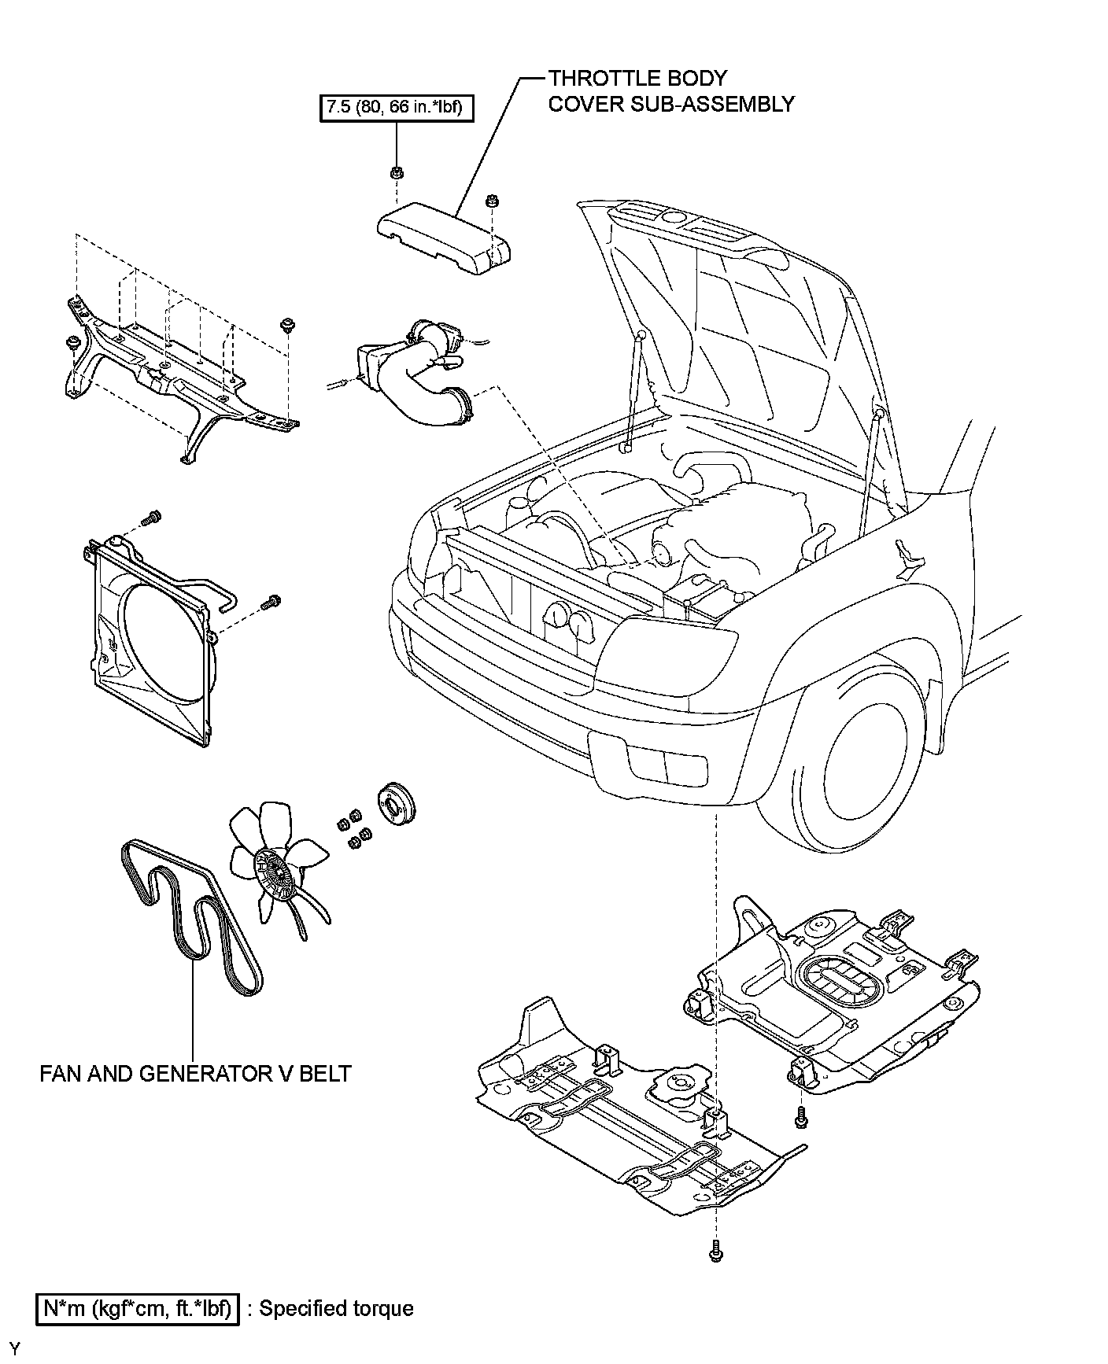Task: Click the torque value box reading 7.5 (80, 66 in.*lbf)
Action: coord(397,106)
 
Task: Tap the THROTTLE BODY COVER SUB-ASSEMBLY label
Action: coord(670,90)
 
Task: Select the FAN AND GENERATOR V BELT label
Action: coord(195,1073)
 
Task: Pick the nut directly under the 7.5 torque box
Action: coord(397,172)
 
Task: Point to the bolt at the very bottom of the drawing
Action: coord(715,1251)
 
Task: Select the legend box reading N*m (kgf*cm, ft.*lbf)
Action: coord(137,1309)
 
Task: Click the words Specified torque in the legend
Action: coord(336,1309)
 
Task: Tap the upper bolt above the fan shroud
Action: coord(151,518)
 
